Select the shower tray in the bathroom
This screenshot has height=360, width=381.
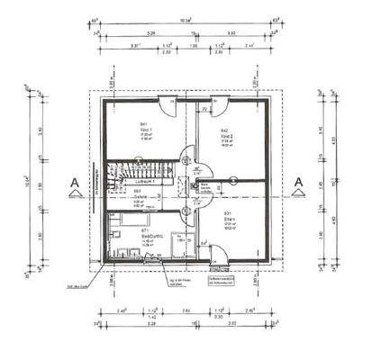[178, 244]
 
